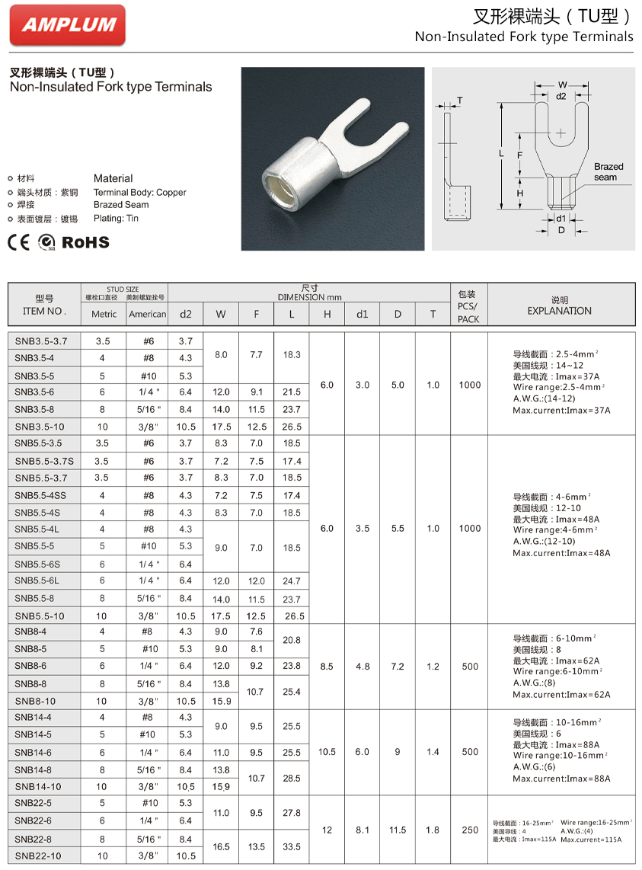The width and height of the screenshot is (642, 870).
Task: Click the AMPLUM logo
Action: point(68,24)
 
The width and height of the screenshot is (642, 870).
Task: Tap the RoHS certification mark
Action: point(85,242)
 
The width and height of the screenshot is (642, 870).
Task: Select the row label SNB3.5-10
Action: point(40,427)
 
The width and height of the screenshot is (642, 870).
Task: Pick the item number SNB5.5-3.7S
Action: point(45,461)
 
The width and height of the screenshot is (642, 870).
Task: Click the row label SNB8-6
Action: point(31,666)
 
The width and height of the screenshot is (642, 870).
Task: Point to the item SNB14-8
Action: point(34,769)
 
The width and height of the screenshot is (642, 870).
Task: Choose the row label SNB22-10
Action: point(38,856)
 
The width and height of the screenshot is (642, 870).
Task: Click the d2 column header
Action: point(186,313)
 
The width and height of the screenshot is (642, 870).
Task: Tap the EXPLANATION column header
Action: point(559,311)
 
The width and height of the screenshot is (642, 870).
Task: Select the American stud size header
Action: point(147,314)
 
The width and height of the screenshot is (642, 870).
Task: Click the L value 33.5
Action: point(291,846)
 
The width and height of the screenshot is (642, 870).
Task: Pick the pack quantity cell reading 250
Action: point(470,830)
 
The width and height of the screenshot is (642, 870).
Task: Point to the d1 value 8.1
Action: point(363,830)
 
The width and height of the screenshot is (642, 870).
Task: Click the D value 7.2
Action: point(398,667)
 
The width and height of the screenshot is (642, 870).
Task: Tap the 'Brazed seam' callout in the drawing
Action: point(608,171)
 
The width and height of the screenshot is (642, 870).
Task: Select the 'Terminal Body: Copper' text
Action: point(139,193)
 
